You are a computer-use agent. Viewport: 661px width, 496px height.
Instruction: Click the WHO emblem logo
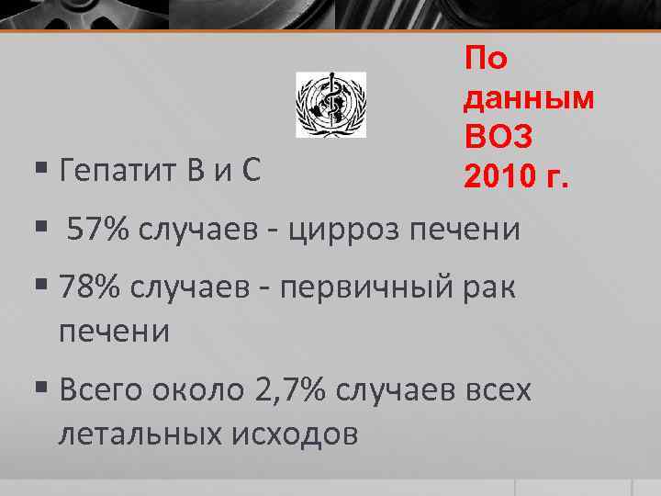[x=330, y=105]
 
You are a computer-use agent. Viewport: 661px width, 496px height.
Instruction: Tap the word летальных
[x=138, y=432]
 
